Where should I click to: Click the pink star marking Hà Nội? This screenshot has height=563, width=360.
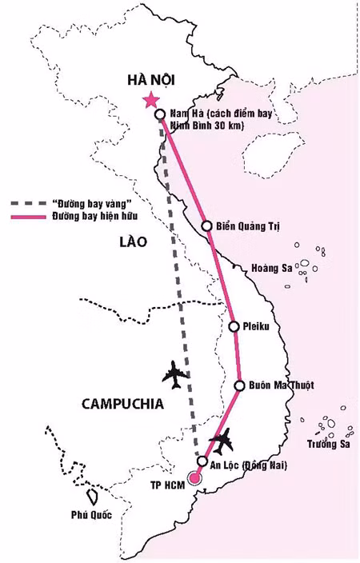(x=150, y=100)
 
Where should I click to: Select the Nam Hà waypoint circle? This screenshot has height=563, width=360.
(x=160, y=114)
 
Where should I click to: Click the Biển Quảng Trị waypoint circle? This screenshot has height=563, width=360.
(x=206, y=226)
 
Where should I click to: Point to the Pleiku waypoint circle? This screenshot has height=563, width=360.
(x=234, y=326)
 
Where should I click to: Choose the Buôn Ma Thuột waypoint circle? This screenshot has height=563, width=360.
(x=239, y=385)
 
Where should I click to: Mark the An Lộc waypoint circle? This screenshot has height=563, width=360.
(x=203, y=462)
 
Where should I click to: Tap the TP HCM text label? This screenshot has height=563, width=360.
(x=167, y=485)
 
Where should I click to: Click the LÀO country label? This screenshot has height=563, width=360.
(x=133, y=242)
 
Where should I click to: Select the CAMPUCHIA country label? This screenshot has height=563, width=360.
(x=122, y=404)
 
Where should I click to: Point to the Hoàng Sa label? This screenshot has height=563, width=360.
(x=271, y=269)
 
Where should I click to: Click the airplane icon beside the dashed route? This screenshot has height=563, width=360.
(x=176, y=373)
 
